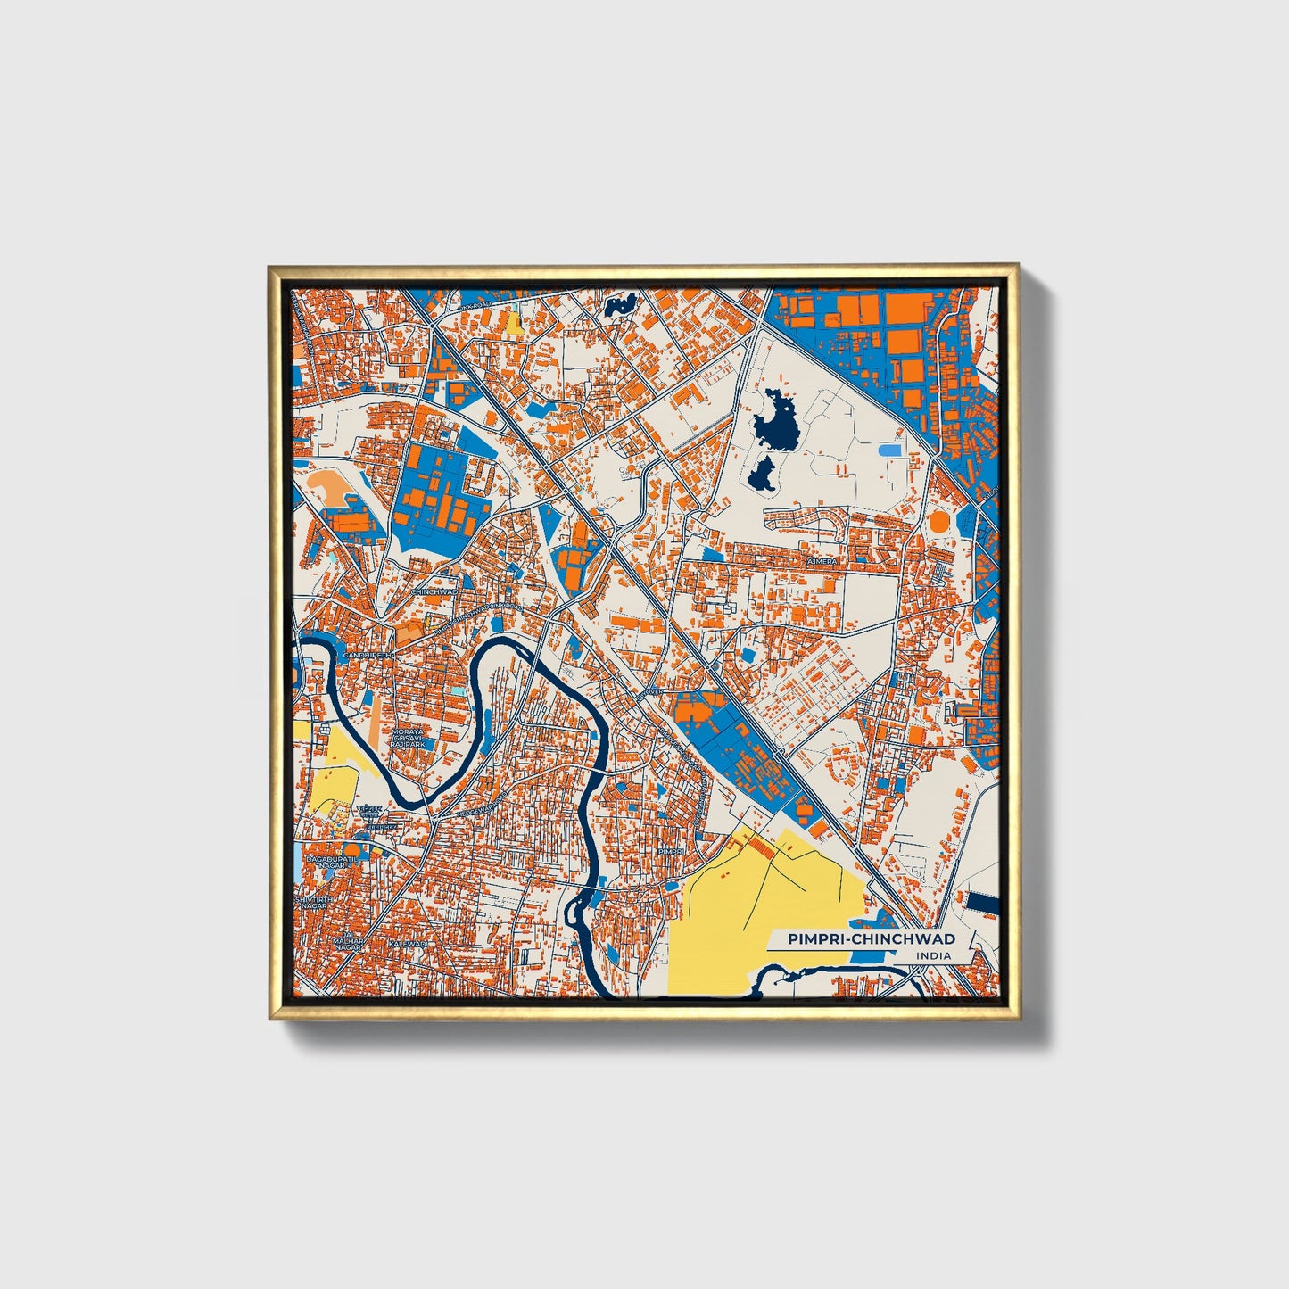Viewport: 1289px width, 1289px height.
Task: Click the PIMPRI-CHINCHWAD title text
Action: pos(871,938)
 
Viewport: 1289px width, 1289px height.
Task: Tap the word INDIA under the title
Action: pos(932,956)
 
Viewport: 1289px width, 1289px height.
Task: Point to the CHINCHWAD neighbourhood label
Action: pos(434,591)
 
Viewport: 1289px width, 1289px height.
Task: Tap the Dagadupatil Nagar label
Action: pos(325,862)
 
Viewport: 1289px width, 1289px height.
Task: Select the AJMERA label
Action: pos(822,562)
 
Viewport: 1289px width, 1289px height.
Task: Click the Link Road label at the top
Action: pos(476,305)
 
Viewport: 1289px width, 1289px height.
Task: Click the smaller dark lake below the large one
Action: pos(761,475)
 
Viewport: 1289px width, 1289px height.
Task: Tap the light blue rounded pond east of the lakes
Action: pos(889,450)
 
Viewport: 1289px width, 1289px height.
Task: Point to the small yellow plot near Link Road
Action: pos(515,322)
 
